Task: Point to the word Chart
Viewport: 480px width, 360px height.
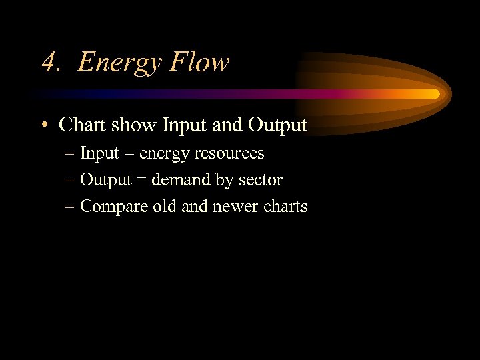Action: (x=81, y=125)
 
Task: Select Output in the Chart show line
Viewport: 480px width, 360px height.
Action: (x=277, y=125)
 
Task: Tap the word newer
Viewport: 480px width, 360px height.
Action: (x=234, y=207)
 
